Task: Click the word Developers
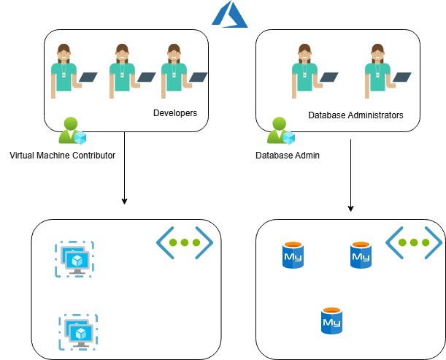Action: click(175, 113)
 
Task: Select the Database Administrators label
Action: click(355, 115)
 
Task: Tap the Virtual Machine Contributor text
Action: click(63, 156)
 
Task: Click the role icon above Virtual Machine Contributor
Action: click(73, 132)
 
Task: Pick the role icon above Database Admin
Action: click(280, 132)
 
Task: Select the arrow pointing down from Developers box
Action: click(125, 167)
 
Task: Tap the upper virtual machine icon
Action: click(74, 259)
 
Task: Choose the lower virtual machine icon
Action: click(78, 332)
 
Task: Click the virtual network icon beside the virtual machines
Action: click(185, 242)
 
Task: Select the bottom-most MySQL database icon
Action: click(332, 321)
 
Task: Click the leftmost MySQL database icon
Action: click(293, 256)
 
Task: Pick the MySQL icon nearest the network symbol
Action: click(361, 256)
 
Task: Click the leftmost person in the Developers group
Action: click(64, 70)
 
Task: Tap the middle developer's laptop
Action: click(147, 76)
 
